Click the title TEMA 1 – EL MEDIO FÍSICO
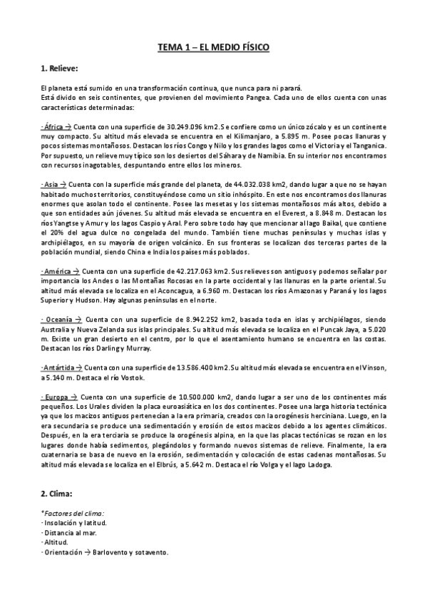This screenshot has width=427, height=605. point(213,48)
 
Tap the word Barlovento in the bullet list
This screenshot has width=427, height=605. point(114,553)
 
